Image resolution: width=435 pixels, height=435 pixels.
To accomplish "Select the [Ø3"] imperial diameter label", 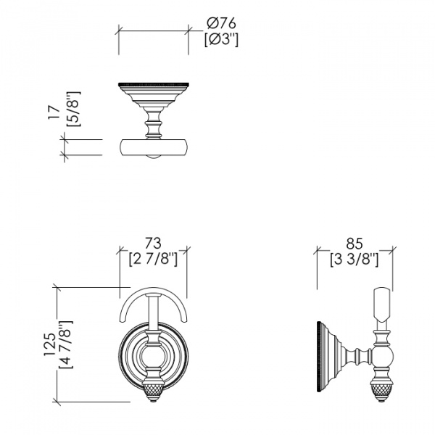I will pos(221,39).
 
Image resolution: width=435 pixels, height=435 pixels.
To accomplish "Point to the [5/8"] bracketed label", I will pos(73,109).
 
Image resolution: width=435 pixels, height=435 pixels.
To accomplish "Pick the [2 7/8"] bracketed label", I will pos(152,258).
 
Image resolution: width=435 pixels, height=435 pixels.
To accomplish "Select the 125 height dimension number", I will pos(49,347).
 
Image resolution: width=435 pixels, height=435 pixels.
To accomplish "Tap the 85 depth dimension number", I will pos(354,243).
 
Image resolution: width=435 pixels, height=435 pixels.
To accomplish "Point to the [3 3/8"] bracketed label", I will pos(354,259).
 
